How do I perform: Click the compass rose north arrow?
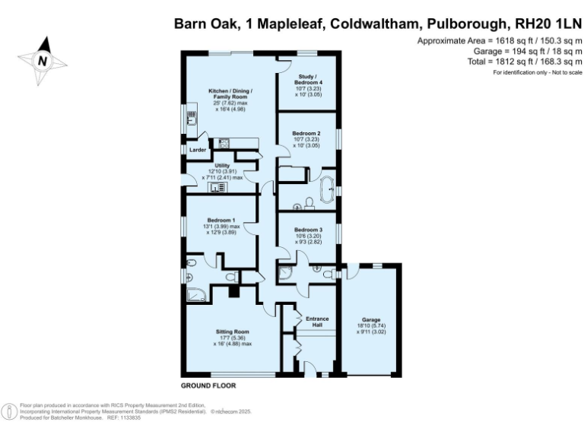[43, 59]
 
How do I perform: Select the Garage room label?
[370, 320]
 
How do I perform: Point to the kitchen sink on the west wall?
[190, 119]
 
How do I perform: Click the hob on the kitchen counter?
[224, 141]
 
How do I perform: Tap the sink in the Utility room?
[220, 187]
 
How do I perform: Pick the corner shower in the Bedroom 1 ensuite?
[194, 295]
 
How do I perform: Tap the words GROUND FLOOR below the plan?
[208, 386]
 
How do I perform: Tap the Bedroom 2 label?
[307, 134]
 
